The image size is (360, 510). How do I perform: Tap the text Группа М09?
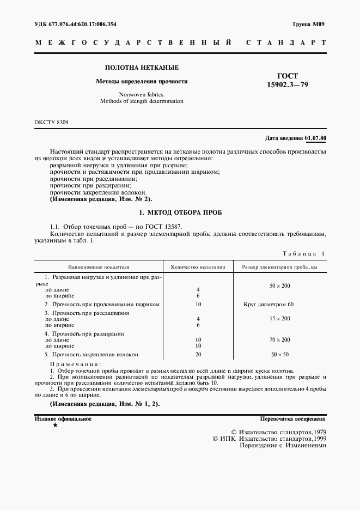pyautogui.click(x=308, y=25)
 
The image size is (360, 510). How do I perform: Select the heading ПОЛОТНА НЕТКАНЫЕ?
pyautogui.click(x=142, y=68)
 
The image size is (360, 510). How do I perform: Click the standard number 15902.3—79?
pyautogui.click(x=288, y=85)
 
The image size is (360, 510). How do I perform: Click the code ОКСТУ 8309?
pyautogui.click(x=52, y=123)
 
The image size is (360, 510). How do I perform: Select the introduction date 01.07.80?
pyautogui.click(x=315, y=138)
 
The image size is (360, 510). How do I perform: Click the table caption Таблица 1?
pyautogui.click(x=303, y=253)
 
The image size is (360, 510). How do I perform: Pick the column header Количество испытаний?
pyautogui.click(x=198, y=268)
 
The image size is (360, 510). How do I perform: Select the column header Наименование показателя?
pyautogui.click(x=99, y=268)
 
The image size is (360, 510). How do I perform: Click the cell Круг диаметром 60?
pyautogui.click(x=269, y=303)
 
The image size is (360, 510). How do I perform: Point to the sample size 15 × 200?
pyautogui.click(x=280, y=318)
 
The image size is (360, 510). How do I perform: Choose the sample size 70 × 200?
pyautogui.click(x=280, y=339)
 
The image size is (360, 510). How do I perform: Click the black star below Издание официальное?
pyautogui.click(x=55, y=426)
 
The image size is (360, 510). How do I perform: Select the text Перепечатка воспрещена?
pyautogui.click(x=293, y=419)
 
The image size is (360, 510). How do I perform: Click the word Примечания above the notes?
pyautogui.click(x=75, y=363)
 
